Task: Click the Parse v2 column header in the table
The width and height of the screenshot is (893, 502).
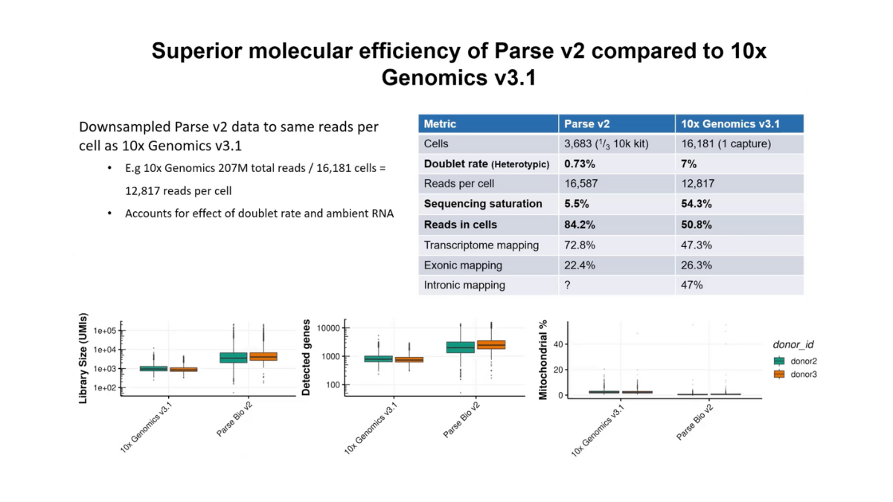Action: (x=586, y=124)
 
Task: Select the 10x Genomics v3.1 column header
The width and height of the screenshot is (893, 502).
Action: (x=730, y=124)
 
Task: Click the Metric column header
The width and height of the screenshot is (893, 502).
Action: (x=440, y=124)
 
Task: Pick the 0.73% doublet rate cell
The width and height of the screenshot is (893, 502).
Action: (x=580, y=164)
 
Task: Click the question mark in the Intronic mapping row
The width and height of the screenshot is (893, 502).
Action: (x=568, y=285)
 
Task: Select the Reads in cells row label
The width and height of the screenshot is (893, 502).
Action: (x=460, y=225)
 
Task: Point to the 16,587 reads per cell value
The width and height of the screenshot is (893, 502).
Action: (x=581, y=184)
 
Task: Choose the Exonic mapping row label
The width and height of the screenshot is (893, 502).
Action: (x=463, y=265)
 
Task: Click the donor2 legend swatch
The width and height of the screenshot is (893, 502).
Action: (x=779, y=361)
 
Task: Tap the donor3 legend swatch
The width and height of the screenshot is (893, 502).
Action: (x=779, y=374)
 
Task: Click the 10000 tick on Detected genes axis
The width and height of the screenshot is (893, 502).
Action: (x=330, y=328)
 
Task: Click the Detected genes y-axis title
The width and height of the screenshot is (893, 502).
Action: (x=306, y=355)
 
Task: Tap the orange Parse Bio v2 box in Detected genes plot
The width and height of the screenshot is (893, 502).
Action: (x=492, y=345)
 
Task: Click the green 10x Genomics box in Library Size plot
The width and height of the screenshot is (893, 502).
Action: (x=154, y=368)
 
